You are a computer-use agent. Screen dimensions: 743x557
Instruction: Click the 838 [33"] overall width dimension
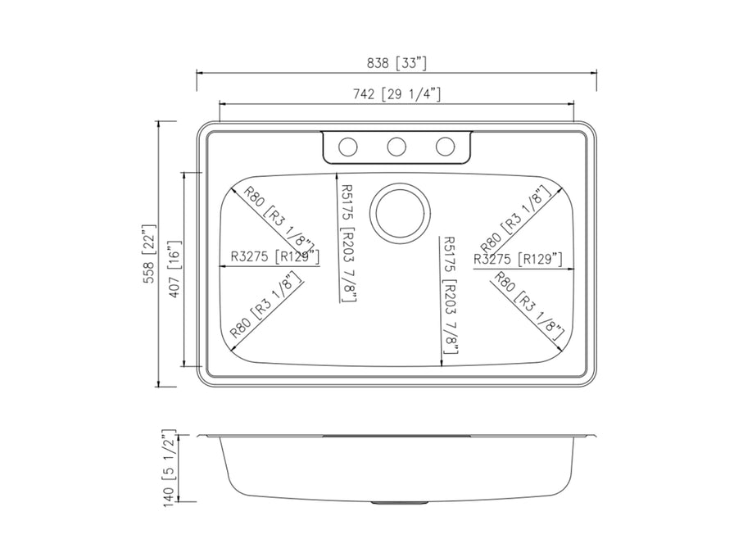click(x=396, y=63)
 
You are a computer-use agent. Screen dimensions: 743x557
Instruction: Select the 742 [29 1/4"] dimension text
click(x=397, y=94)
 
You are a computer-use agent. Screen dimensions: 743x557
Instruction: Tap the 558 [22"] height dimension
click(x=149, y=254)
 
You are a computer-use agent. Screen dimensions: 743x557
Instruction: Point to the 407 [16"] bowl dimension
click(x=174, y=269)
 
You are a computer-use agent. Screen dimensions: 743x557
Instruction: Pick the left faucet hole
click(x=347, y=147)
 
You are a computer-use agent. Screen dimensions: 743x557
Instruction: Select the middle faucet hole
click(x=396, y=147)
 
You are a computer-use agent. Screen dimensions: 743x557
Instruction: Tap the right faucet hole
click(x=445, y=147)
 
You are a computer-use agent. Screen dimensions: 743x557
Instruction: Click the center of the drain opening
click(x=401, y=213)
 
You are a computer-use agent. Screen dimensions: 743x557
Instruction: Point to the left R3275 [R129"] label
click(x=274, y=256)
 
